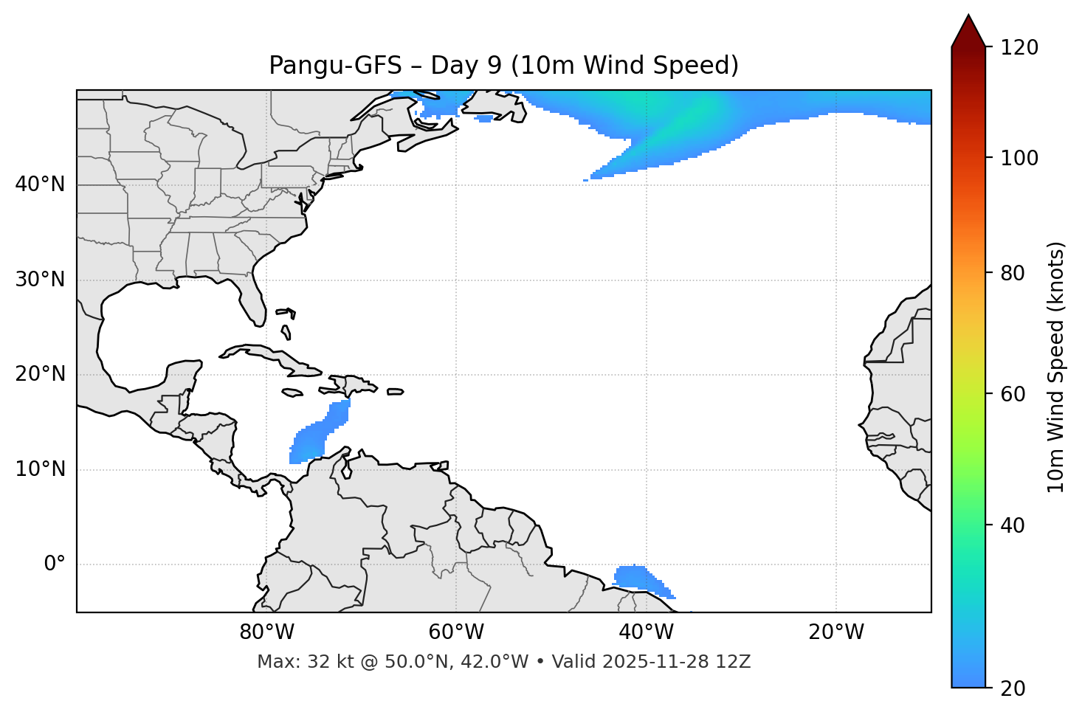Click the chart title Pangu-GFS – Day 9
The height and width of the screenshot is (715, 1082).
[503, 66]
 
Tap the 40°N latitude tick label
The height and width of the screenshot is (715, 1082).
[40, 184]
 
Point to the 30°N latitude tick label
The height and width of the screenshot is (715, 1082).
[40, 280]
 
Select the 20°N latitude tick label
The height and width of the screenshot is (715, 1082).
[40, 374]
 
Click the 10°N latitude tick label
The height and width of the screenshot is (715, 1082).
[40, 469]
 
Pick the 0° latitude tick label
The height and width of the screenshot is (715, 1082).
[55, 564]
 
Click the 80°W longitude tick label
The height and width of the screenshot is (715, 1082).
[266, 632]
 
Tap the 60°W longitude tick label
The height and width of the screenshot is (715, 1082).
[456, 632]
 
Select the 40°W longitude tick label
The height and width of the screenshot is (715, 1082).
[646, 632]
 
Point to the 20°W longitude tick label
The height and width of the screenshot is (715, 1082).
[835, 632]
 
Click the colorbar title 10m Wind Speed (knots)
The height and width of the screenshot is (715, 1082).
[1056, 367]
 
